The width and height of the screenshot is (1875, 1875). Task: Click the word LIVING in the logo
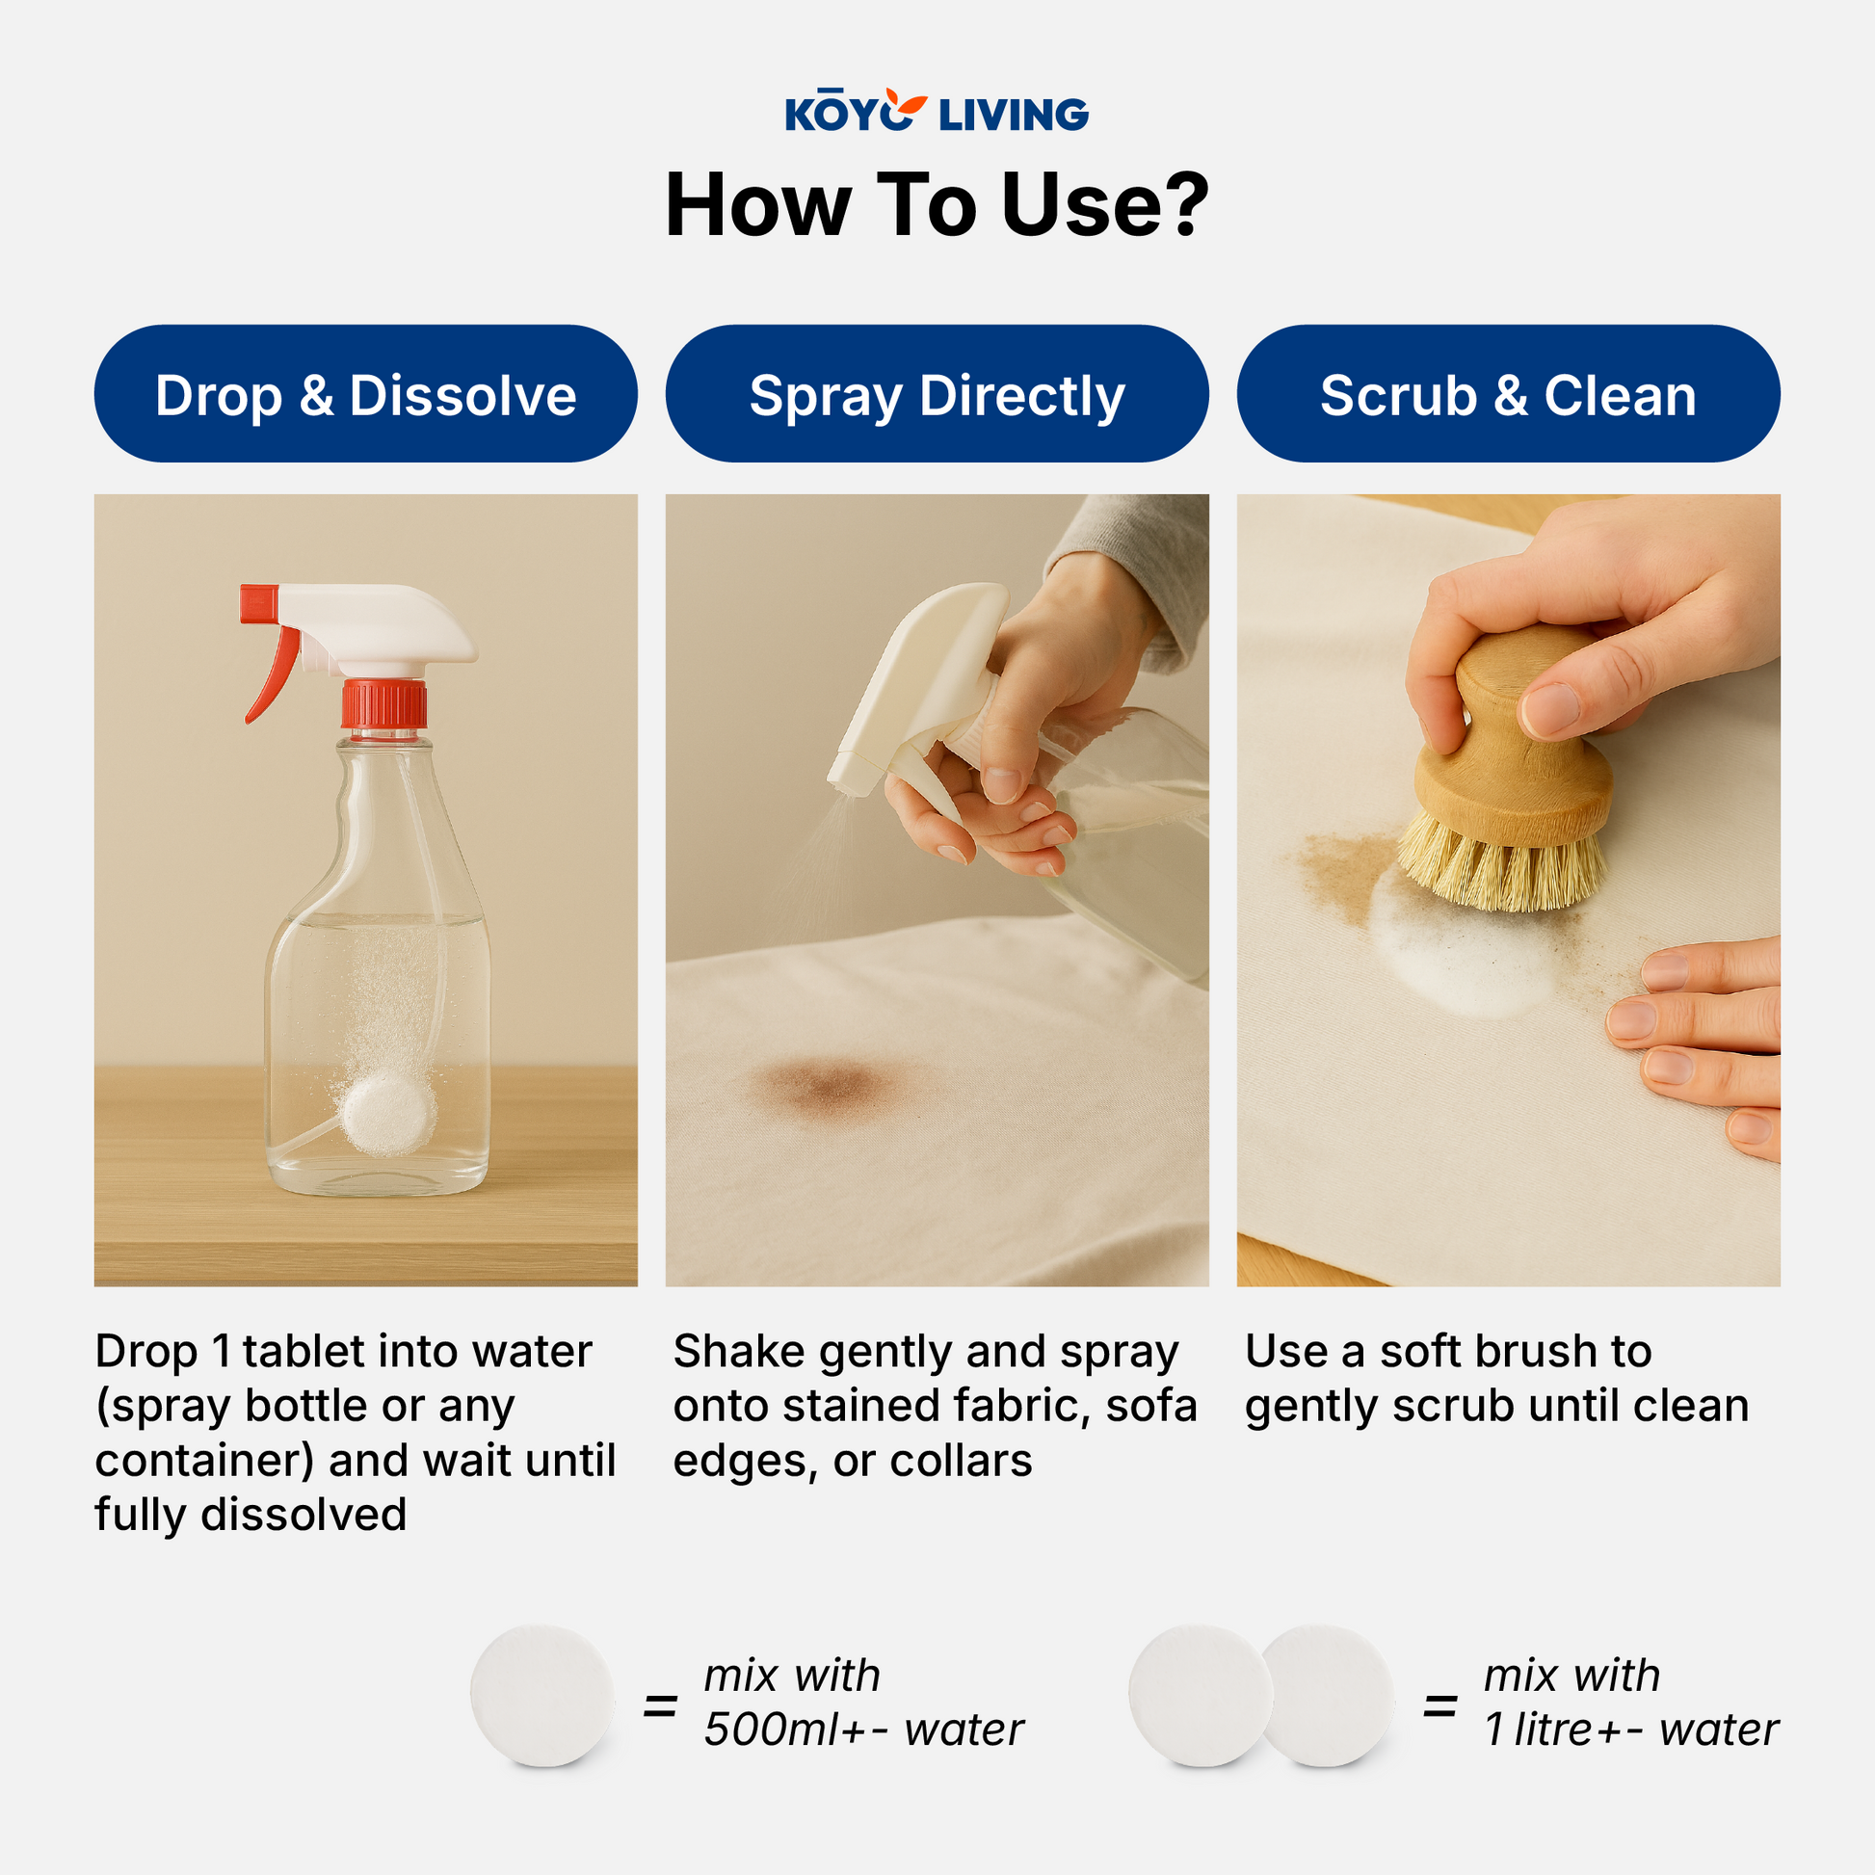(1014, 116)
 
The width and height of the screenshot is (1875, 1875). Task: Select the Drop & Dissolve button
(366, 394)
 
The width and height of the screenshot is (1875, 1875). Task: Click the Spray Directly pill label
(937, 394)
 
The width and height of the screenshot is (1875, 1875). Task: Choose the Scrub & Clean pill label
(1507, 394)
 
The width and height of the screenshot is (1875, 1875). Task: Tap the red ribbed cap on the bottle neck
(384, 704)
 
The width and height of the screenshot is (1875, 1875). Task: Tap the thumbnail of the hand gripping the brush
(1554, 708)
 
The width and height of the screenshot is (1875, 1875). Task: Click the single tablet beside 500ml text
(542, 1695)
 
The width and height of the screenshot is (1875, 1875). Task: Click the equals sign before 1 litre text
(1439, 1705)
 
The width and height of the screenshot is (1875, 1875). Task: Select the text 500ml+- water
(862, 1730)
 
